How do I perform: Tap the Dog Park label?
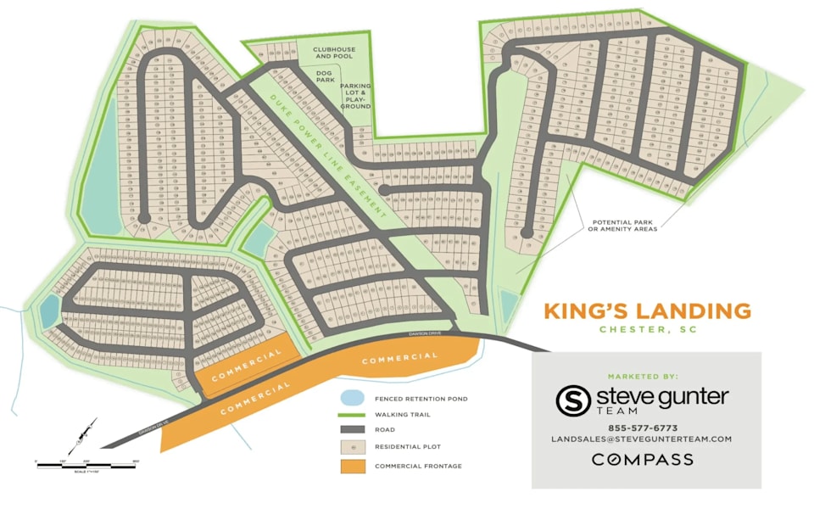point(324,79)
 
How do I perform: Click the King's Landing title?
point(647,310)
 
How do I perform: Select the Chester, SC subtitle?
point(648,329)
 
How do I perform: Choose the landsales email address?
point(641,439)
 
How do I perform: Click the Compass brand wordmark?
point(642,460)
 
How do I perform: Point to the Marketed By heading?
point(642,376)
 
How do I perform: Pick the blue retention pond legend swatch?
point(352,398)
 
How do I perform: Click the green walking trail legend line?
point(352,414)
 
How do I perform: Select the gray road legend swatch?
point(352,430)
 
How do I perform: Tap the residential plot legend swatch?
point(352,446)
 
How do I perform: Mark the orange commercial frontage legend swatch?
point(352,466)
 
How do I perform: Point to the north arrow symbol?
point(82,436)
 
